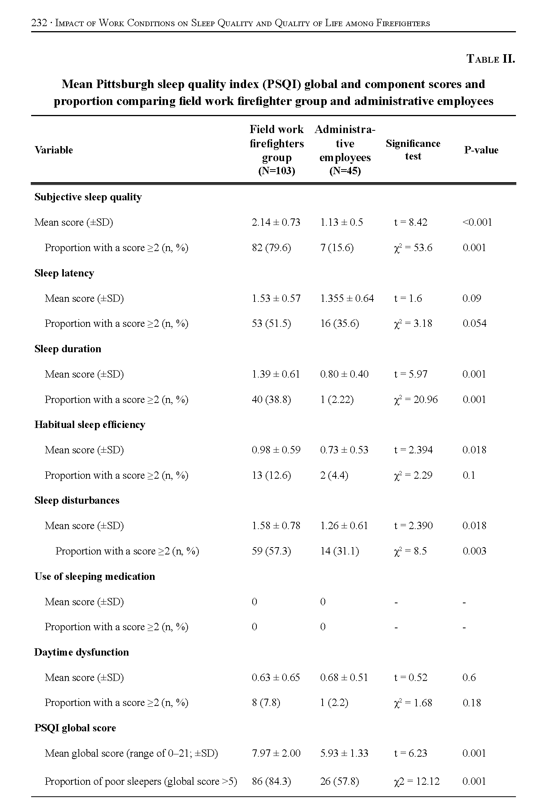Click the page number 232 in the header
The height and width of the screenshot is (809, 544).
point(38,23)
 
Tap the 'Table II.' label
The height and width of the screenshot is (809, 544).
point(491,59)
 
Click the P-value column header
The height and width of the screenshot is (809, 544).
point(481,150)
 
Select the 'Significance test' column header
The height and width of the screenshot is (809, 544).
point(413,150)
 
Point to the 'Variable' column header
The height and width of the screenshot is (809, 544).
point(53,150)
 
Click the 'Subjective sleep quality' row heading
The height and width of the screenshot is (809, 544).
point(88,197)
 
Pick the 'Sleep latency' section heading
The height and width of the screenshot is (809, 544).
point(64,273)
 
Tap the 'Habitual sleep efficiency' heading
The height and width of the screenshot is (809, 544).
point(90,424)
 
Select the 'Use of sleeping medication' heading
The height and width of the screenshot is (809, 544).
point(95,576)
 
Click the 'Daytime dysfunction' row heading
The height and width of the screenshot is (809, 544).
point(82,652)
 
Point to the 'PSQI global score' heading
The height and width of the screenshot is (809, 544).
point(75,728)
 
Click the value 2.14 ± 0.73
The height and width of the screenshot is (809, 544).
point(276,222)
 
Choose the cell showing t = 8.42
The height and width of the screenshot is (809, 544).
point(411,222)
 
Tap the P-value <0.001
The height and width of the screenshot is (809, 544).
point(477,222)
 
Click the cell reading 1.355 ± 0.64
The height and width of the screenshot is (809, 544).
point(347,298)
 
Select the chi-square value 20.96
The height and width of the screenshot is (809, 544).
point(416,400)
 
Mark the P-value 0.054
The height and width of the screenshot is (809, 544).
point(474,323)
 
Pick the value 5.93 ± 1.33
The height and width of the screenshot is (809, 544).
point(344,753)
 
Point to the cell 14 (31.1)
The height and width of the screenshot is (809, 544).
point(339,551)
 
